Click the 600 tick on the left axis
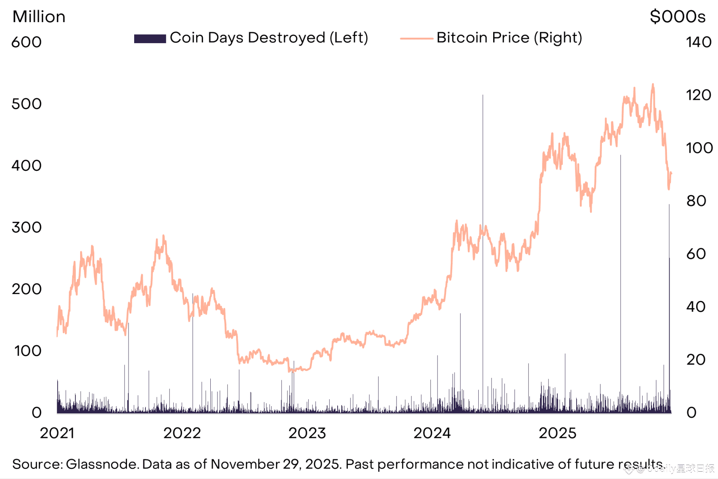click(x=27, y=42)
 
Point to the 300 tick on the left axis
click(x=27, y=228)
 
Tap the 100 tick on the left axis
click(x=28, y=351)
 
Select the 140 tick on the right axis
click(x=699, y=42)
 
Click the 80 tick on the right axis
click(x=696, y=201)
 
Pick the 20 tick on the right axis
click(x=696, y=360)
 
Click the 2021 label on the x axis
click(x=57, y=433)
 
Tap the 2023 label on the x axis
click(x=307, y=433)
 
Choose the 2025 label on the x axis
click(x=558, y=433)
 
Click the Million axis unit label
click(x=39, y=17)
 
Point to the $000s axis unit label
click(x=678, y=17)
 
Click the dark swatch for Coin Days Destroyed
click(x=150, y=39)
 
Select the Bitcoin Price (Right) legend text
click(x=509, y=38)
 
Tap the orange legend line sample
click(x=416, y=39)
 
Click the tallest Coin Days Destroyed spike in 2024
click(x=483, y=97)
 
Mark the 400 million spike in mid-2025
click(x=620, y=156)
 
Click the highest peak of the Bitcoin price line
click(x=653, y=85)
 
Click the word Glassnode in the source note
click(x=102, y=464)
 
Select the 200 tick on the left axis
click(x=27, y=289)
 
